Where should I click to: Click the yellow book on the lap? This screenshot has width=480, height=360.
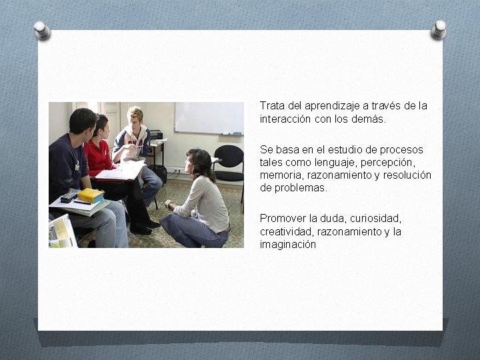point(91,195)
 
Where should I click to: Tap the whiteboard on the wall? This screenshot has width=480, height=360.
point(209,117)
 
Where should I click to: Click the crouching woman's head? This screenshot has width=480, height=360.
point(200,162)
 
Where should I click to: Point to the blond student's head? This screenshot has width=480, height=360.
point(135,117)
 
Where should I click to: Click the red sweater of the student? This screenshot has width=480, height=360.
point(99,157)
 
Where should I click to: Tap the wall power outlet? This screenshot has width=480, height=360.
point(177,170)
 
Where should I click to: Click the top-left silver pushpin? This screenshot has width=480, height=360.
point(42,29)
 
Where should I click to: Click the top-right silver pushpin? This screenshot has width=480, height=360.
point(438,29)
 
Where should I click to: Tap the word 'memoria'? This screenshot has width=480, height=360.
point(279,175)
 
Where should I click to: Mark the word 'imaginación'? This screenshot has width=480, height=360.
point(287,244)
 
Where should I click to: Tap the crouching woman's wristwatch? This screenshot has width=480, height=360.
point(169,205)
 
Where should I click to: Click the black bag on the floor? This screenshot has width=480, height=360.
point(158,173)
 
